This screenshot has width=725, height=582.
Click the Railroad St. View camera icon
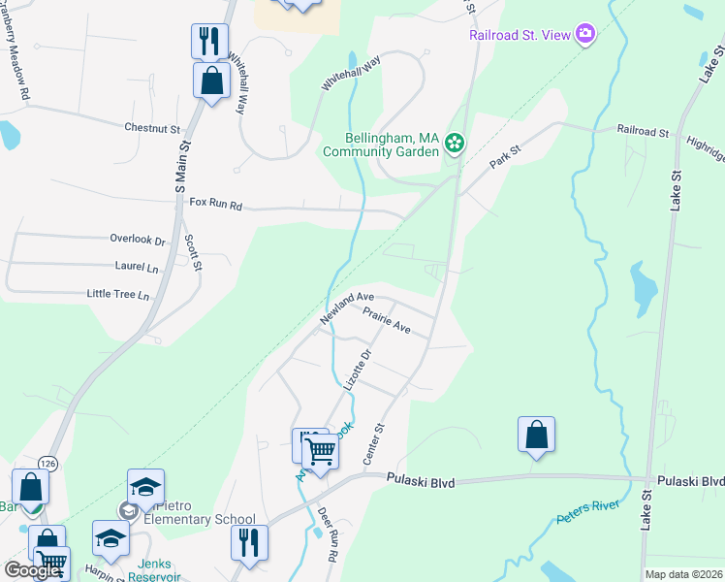pyautogui.click(x=584, y=35)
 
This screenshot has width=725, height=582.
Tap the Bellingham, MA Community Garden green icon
pyautogui.click(x=454, y=145)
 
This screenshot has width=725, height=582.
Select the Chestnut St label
pyautogui.click(x=152, y=128)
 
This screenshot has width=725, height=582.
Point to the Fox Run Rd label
pyautogui.click(x=215, y=205)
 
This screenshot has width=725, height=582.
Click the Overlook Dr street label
pyautogui.click(x=138, y=240)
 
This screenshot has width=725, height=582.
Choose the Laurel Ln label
pyautogui.click(x=136, y=266)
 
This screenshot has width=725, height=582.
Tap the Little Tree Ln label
pyautogui.click(x=118, y=294)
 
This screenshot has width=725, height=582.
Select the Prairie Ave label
pyautogui.click(x=387, y=321)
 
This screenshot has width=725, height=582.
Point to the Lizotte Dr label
pyautogui.click(x=357, y=371)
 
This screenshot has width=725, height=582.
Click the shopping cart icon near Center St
pyautogui.click(x=319, y=449)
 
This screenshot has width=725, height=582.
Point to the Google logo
pyautogui.click(x=31, y=570)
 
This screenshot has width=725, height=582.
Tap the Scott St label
pyautogui.click(x=194, y=252)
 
